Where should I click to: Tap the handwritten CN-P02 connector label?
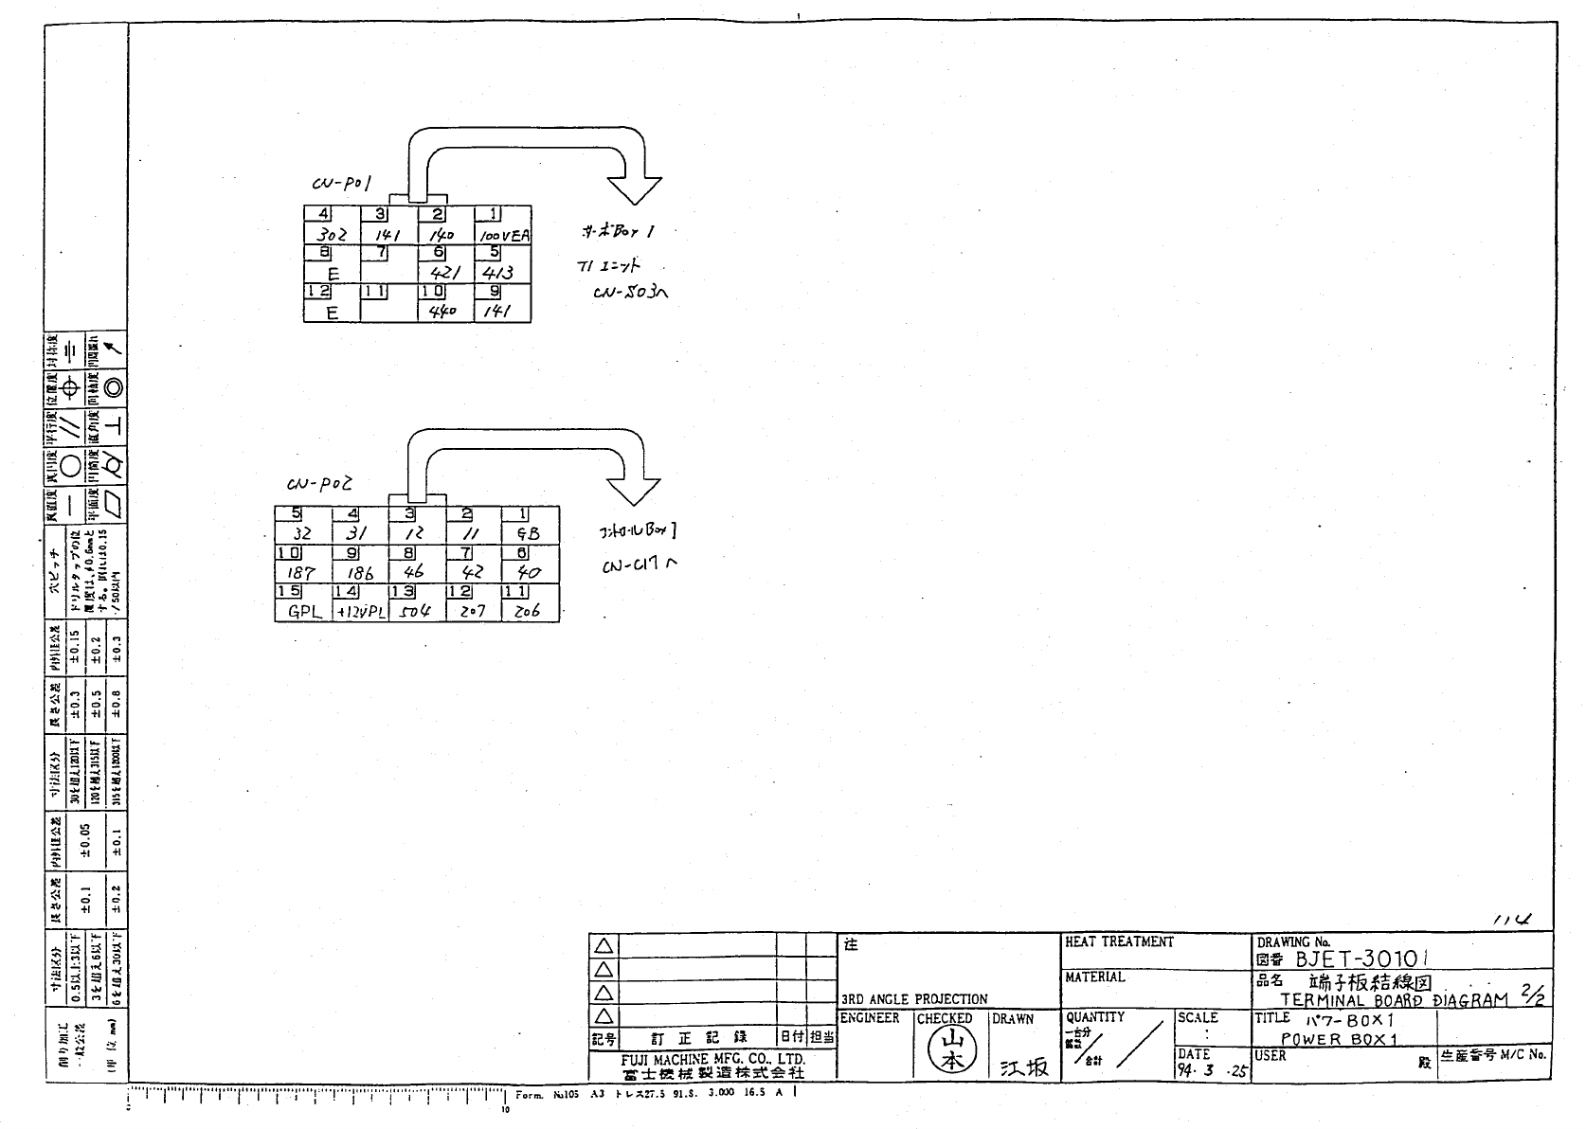tap(319, 484)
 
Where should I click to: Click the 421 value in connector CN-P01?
tap(445, 273)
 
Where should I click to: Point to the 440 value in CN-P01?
tap(443, 311)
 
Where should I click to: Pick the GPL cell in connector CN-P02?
tap(304, 612)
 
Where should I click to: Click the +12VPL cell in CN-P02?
tap(360, 612)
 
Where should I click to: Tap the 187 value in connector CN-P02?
tap(300, 573)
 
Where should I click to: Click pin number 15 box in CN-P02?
tap(288, 592)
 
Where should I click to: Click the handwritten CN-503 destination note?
tap(630, 293)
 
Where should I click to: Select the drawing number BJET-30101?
tap(1361, 959)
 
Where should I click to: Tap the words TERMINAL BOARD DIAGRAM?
tap(1393, 999)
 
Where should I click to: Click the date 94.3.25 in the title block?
tap(1213, 1071)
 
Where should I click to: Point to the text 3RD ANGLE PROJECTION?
tap(914, 998)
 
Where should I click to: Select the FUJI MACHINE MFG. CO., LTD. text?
tap(713, 1059)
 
